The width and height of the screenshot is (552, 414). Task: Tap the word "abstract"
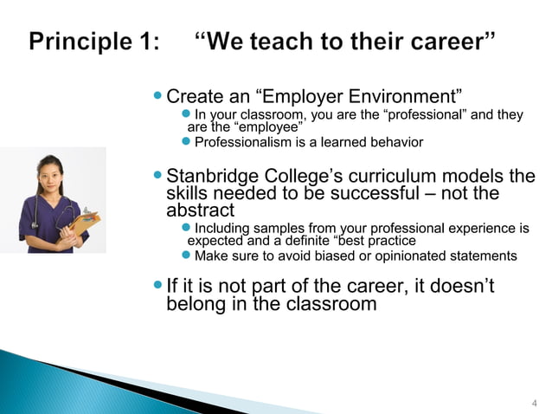point(200,210)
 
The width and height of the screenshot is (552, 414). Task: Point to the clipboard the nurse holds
point(85,223)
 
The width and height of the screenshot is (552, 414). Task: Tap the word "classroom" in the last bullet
point(325,303)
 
